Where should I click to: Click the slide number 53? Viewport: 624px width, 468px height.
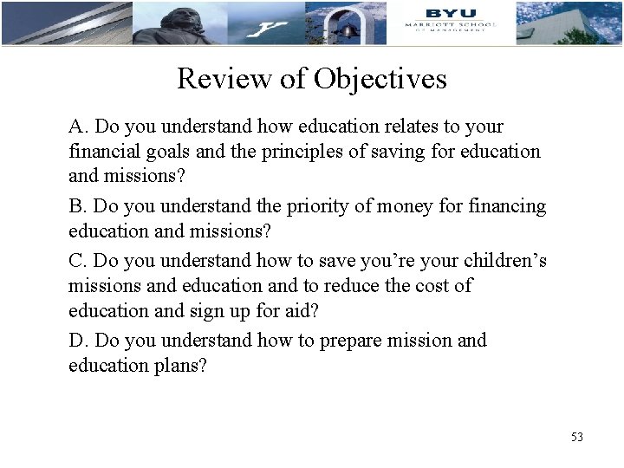coord(577,437)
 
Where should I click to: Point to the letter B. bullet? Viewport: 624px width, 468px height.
coord(78,206)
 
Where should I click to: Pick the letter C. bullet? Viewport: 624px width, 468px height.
coord(78,260)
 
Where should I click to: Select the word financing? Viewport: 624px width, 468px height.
coord(507,206)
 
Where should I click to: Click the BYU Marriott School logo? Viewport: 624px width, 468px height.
coord(450,19)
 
